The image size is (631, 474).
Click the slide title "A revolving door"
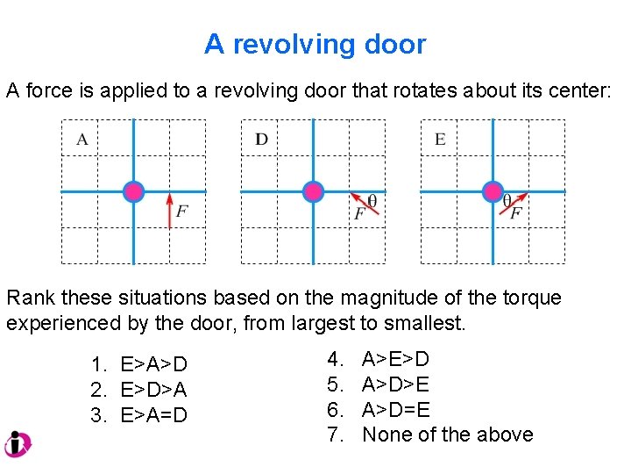click(315, 44)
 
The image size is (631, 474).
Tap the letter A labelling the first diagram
click(82, 139)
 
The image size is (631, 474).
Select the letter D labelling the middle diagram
click(261, 139)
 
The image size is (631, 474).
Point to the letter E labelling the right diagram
click(440, 139)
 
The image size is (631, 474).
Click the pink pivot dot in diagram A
click(133, 191)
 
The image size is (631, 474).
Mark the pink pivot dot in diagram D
click(313, 191)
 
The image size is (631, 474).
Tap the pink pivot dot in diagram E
click(493, 191)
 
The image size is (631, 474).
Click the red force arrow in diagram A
click(169, 211)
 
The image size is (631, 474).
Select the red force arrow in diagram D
click(360, 201)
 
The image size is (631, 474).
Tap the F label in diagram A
click(181, 212)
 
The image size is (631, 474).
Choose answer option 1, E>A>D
click(139, 364)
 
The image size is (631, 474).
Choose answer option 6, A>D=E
click(395, 410)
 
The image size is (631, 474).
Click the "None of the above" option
click(447, 434)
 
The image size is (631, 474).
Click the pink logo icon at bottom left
click(18, 444)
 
